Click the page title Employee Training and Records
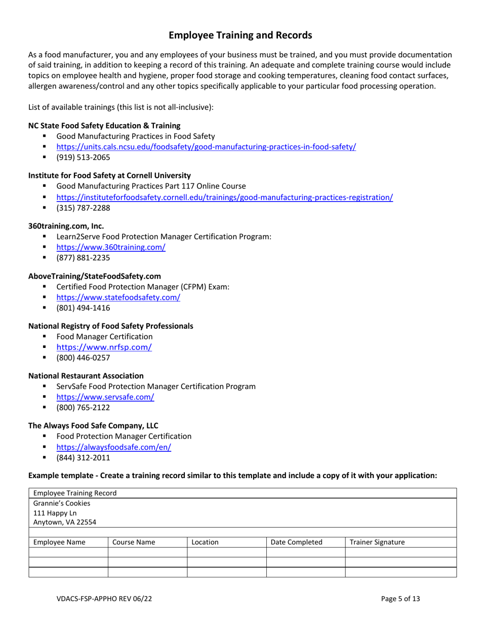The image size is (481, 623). point(240,35)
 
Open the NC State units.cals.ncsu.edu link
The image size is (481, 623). point(206,147)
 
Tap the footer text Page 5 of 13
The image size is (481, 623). point(401,598)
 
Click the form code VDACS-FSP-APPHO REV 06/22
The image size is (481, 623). point(104,598)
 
